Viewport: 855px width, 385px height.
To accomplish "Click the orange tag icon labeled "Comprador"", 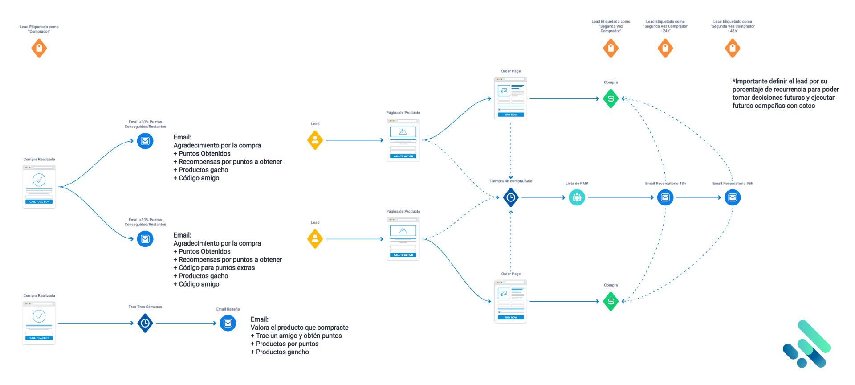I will (x=39, y=48).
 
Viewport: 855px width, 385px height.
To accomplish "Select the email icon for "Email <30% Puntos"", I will (x=145, y=141).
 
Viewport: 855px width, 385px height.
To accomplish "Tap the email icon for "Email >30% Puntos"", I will (x=145, y=239).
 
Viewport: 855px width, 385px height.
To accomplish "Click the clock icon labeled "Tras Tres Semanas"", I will (x=145, y=323).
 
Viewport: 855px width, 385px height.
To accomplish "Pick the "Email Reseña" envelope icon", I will (x=228, y=323).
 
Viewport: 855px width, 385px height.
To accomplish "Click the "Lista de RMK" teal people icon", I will (x=577, y=197).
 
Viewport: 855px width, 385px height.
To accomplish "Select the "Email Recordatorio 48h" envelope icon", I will (x=665, y=197).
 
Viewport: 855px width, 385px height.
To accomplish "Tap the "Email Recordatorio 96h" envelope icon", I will (x=733, y=197).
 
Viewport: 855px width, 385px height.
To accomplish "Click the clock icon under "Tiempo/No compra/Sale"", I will (x=511, y=197).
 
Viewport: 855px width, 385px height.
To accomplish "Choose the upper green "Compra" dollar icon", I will (x=611, y=98).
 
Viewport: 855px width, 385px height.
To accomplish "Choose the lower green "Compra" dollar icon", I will (x=611, y=301).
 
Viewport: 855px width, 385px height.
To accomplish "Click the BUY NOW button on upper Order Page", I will (x=511, y=115).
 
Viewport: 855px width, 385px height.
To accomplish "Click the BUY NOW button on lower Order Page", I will (x=511, y=317).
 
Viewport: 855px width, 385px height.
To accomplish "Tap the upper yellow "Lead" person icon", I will (x=315, y=140).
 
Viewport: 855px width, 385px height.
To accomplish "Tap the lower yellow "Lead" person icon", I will (x=315, y=239).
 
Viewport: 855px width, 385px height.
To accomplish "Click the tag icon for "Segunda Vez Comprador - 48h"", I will (x=733, y=48).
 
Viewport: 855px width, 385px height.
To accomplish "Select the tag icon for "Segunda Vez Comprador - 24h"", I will (x=665, y=48).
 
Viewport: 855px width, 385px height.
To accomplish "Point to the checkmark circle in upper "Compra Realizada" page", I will (x=39, y=180).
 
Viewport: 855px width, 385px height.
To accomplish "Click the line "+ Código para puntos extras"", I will (x=217, y=268).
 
